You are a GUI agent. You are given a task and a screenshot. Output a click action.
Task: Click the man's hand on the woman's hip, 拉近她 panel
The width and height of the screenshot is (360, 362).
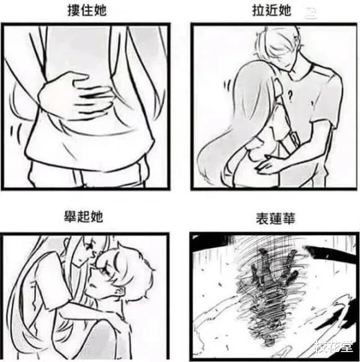(272, 164)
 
